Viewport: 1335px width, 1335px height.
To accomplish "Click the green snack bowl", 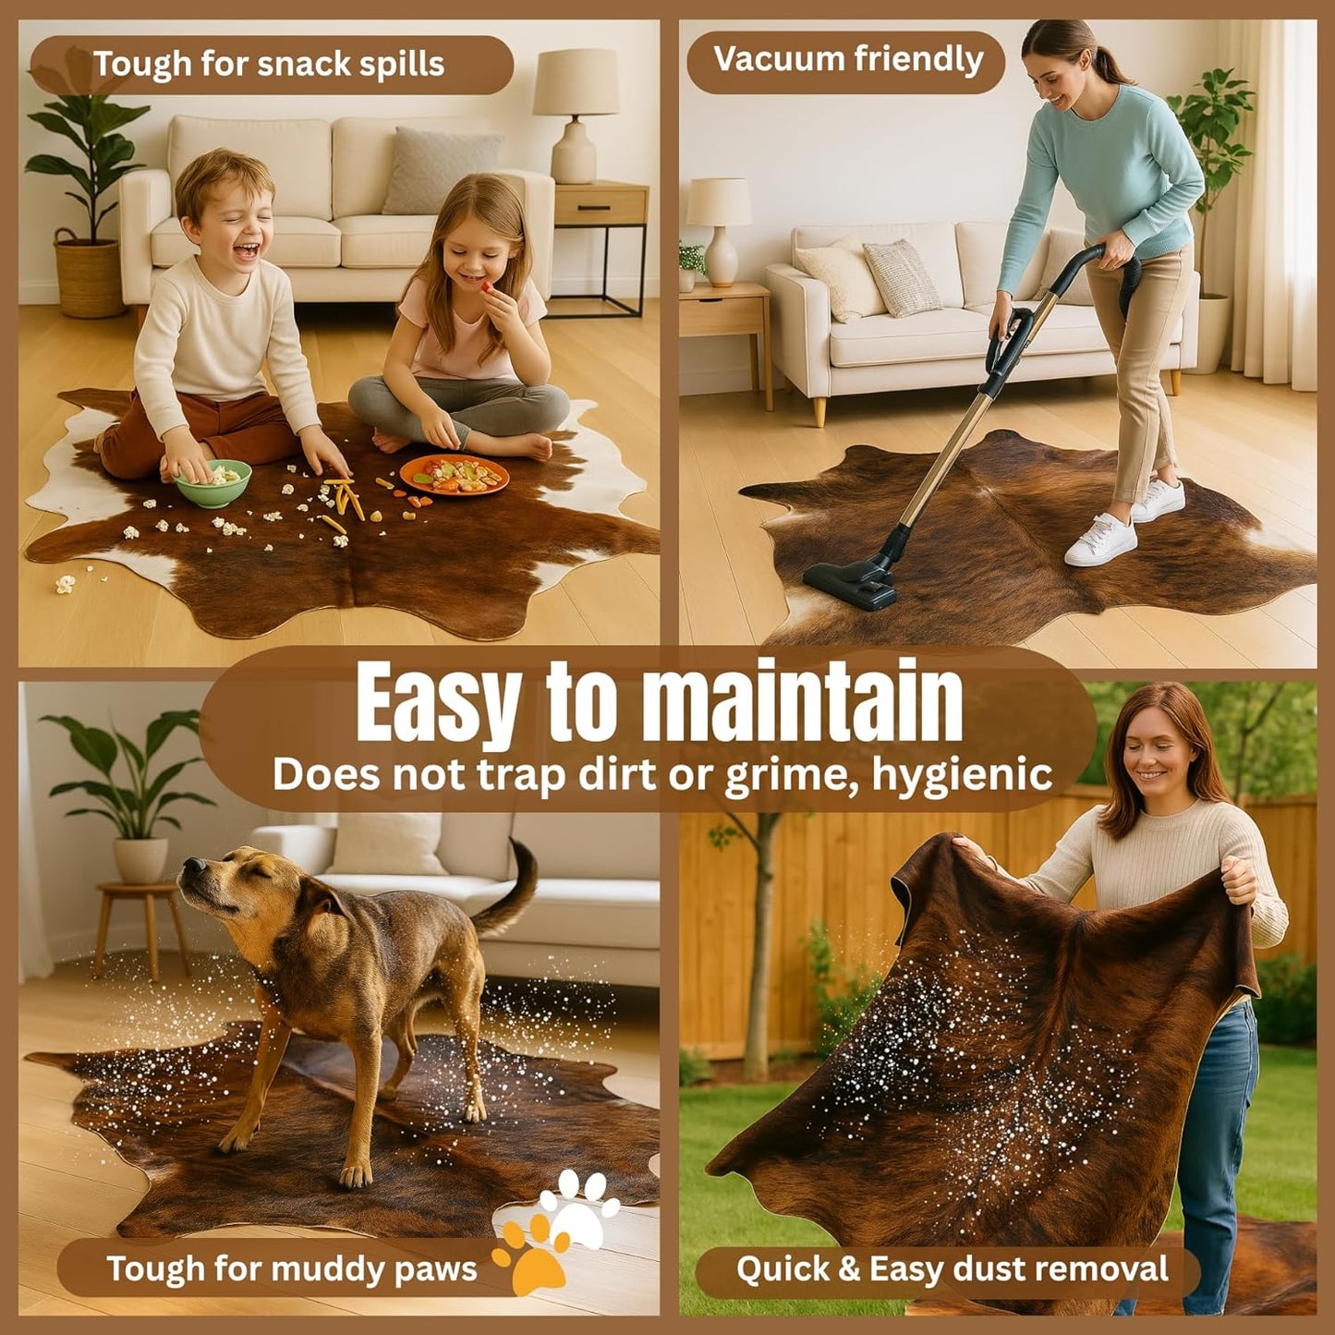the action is coord(212,482).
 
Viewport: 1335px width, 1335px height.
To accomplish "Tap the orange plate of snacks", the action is coord(455,475).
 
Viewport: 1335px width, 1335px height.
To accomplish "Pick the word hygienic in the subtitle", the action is coord(963,776).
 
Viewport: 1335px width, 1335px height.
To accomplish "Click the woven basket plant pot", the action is coord(89,273).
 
